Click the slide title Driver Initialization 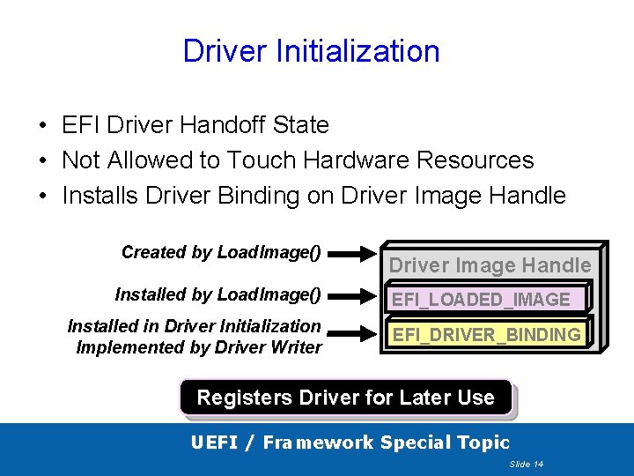(311, 51)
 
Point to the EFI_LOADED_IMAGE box (481, 300)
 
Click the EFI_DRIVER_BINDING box (486, 335)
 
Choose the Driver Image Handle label (490, 264)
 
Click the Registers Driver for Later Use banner (345, 398)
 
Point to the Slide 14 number (526, 464)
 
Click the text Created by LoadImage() (221, 252)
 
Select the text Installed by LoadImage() (217, 294)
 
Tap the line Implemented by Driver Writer (199, 347)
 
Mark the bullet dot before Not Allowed (43, 161)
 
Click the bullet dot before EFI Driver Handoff (43, 126)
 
